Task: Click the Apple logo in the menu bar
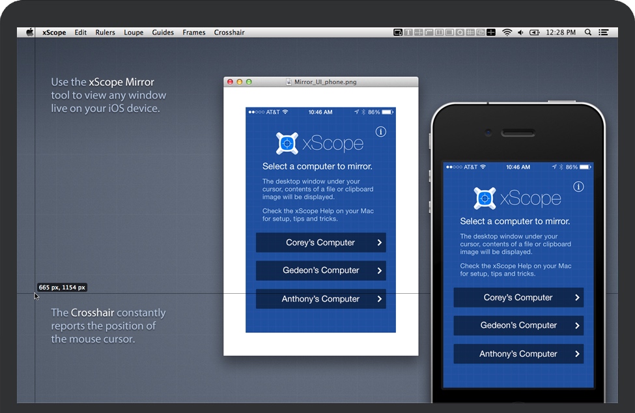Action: tap(29, 33)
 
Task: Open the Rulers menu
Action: tap(106, 33)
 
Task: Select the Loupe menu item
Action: tap(134, 33)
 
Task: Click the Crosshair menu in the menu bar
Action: tap(229, 33)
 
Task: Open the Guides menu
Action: tap(163, 33)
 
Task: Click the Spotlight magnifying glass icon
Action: tap(588, 33)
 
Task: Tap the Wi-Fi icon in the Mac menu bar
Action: tap(507, 33)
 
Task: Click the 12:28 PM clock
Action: tap(561, 33)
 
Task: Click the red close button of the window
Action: tap(230, 82)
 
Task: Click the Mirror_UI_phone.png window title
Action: tap(325, 82)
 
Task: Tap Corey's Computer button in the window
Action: tap(320, 242)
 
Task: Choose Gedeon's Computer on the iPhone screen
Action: tap(518, 326)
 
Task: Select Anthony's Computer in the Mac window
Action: tap(320, 299)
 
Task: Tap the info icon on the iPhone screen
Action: tap(578, 187)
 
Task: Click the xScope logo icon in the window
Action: tap(287, 143)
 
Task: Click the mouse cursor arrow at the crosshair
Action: tap(36, 296)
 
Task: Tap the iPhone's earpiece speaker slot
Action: tap(518, 133)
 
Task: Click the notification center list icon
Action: tap(603, 33)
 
